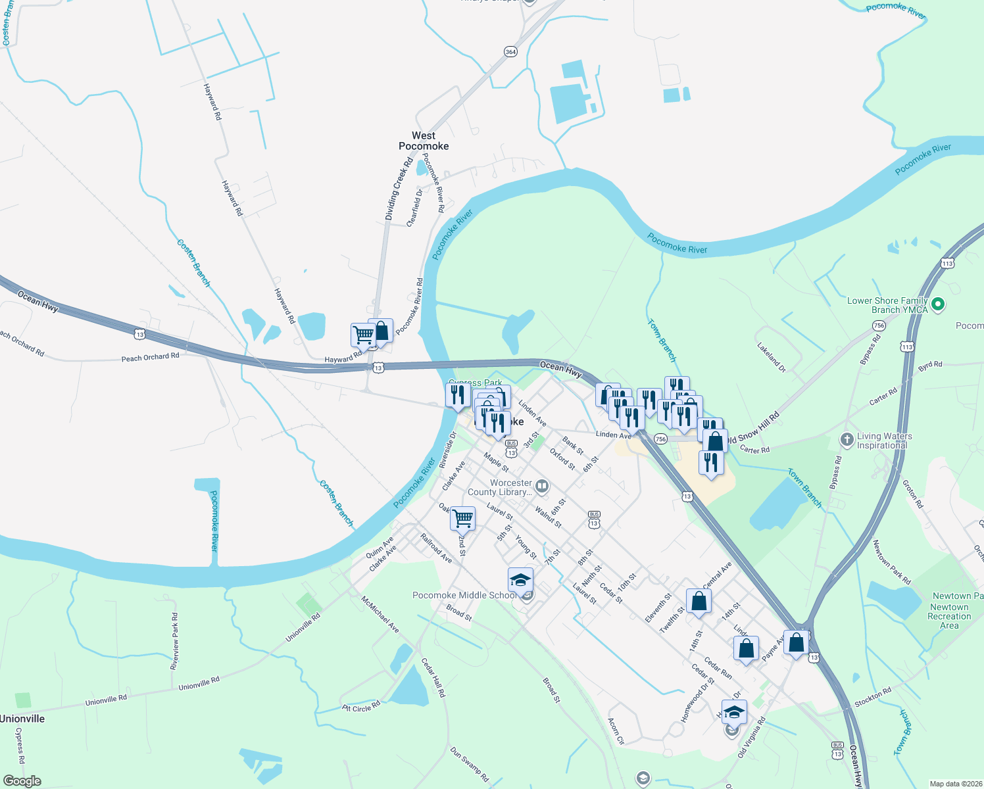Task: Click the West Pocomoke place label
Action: point(424,141)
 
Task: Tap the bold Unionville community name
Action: point(22,719)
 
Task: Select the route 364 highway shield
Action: point(510,51)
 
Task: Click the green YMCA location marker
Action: point(939,304)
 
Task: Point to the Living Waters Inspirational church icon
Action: point(847,439)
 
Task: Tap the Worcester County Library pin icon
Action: point(542,487)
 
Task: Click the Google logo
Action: point(22,781)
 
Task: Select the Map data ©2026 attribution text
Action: point(955,784)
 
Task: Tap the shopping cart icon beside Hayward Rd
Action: point(363,335)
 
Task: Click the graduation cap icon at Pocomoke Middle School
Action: point(520,581)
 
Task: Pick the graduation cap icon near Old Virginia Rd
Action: point(733,712)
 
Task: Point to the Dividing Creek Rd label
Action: point(399,189)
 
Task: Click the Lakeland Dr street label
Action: point(771,358)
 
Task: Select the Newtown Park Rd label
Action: point(891,562)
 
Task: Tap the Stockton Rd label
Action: point(873,698)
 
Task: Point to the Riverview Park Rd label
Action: point(174,641)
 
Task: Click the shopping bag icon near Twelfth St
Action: point(699,601)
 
